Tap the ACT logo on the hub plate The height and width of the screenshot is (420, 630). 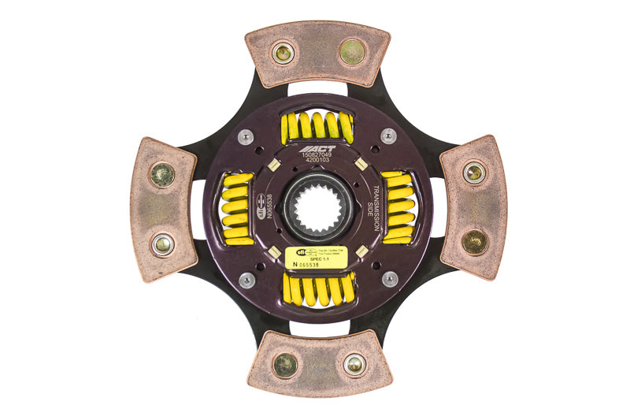tap(319, 148)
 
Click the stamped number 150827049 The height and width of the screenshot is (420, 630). tap(319, 157)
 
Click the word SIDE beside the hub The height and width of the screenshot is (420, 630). tap(368, 209)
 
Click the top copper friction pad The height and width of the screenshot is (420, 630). tap(317, 53)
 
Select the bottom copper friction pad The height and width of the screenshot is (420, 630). tap(319, 363)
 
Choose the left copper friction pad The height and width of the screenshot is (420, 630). tap(161, 209)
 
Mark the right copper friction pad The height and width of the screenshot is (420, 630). tap(473, 207)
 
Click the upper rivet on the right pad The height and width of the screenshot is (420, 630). tap(474, 173)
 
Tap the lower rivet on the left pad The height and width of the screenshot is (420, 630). tap(162, 245)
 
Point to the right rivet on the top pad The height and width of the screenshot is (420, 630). tap(352, 52)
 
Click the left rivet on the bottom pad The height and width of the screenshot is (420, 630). tap(284, 365)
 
